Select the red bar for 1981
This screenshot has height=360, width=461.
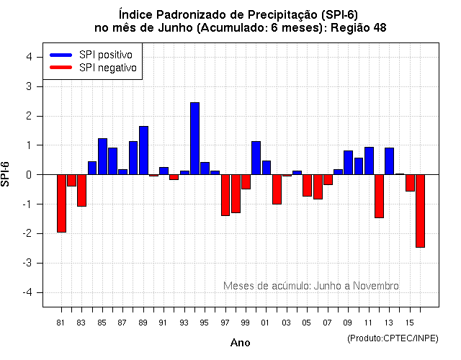pos(61,203)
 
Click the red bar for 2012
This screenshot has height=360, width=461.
pos(379,196)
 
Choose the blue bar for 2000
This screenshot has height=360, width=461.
pos(256,158)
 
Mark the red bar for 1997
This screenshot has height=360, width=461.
pos(225,195)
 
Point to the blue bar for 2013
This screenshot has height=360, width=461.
pos(389,161)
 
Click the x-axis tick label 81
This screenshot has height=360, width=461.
pos(61,323)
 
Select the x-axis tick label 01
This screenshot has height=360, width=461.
pos(266,323)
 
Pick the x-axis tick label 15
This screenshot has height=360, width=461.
pos(409,323)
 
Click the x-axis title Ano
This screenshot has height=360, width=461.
pos(240,343)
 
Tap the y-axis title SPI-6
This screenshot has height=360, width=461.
pos(7,174)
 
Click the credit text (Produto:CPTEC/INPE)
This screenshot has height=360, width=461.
pos(393,338)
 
